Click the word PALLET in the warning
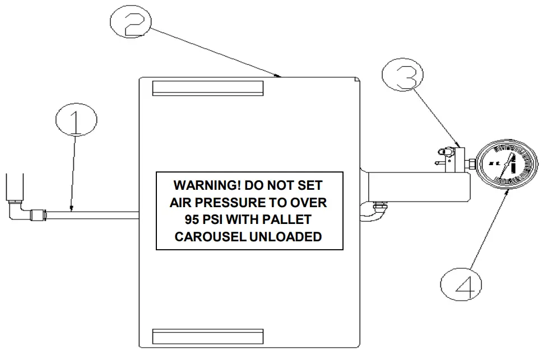pyautogui.click(x=291, y=219)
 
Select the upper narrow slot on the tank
pyautogui.click(x=207, y=88)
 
